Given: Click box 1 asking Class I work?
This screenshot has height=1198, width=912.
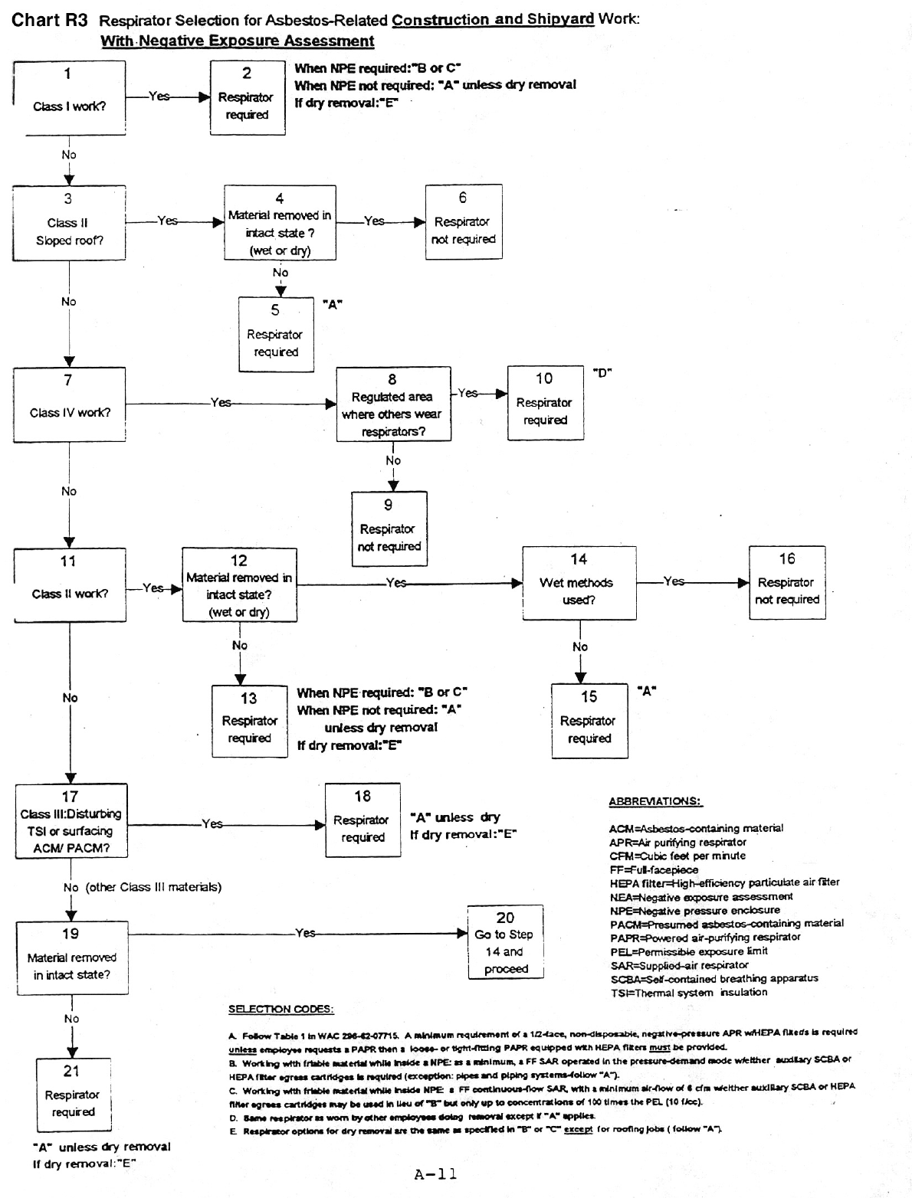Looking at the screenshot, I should (69, 98).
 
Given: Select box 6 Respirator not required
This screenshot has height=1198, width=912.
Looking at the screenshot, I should (464, 221).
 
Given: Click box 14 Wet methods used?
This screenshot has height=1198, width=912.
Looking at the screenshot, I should (579, 583).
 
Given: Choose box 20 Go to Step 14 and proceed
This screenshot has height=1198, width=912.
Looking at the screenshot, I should (505, 942).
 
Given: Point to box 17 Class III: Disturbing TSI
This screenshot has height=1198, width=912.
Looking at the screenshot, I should (71, 821).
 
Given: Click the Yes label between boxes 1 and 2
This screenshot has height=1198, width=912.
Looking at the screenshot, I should (159, 97).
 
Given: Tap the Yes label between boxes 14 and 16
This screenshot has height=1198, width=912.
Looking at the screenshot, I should (674, 581).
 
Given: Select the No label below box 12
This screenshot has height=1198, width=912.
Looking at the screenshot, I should (240, 646).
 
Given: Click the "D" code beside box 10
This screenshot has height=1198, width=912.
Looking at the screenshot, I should (602, 373).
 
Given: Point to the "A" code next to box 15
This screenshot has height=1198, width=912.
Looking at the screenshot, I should (647, 691).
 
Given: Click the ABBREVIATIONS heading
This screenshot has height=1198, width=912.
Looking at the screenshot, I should (655, 802).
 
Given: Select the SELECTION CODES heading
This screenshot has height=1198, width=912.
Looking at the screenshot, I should (280, 1009).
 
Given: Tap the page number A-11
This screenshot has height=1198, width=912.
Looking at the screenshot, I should (435, 1174).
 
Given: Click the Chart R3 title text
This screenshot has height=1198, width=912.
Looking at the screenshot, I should (50, 21).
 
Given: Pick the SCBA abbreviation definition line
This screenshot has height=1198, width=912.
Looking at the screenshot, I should (714, 978).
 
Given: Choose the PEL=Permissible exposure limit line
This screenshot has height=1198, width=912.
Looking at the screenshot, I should (688, 951).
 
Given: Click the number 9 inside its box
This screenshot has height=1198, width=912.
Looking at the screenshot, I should (389, 505).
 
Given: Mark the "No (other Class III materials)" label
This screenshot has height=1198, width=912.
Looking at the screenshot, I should (143, 887).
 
